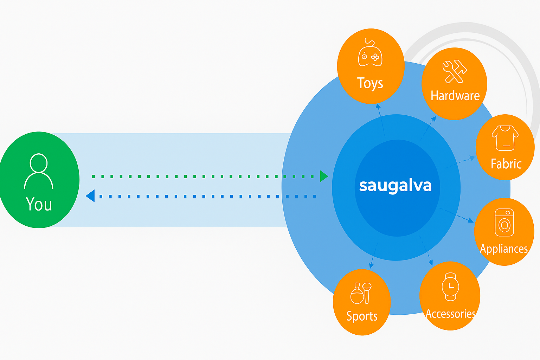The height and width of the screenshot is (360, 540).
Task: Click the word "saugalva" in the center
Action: (x=395, y=186)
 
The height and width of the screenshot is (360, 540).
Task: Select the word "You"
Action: (x=39, y=204)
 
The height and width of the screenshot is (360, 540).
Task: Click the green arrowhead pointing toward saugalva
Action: (x=323, y=176)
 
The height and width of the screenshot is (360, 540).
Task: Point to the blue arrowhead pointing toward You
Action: (x=91, y=196)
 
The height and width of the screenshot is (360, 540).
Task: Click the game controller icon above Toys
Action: (x=370, y=54)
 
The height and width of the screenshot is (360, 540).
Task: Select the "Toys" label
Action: (x=370, y=83)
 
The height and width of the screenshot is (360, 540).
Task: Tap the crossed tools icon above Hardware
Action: (x=454, y=71)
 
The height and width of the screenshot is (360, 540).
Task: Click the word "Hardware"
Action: (x=455, y=96)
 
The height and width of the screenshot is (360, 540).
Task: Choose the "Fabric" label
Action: (x=506, y=164)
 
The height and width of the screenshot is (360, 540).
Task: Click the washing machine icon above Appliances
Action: (x=504, y=223)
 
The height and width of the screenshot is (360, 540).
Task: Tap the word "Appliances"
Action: (x=504, y=249)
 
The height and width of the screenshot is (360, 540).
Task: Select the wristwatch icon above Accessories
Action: (x=450, y=287)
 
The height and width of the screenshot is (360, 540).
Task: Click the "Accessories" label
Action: (x=451, y=314)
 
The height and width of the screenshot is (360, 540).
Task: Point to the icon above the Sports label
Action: (x=361, y=293)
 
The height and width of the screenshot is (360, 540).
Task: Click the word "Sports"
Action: (x=362, y=316)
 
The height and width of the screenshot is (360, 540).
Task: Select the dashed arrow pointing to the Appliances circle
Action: (x=457, y=215)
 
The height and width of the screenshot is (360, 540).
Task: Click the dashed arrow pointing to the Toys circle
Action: (x=381, y=120)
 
